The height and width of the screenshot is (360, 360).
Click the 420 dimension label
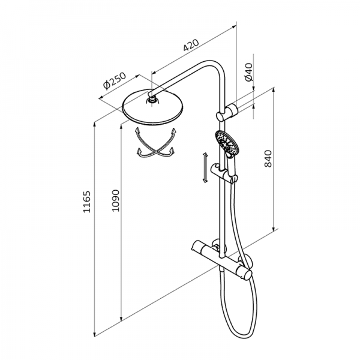(191, 45)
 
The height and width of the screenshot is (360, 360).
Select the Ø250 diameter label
(115, 80)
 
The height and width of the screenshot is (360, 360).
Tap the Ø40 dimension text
(249, 72)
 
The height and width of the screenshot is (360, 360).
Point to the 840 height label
(268, 158)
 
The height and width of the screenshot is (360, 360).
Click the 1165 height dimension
(87, 202)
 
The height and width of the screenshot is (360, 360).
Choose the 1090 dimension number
(115, 200)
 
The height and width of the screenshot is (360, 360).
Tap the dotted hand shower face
(227, 142)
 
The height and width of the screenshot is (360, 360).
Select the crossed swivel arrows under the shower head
(155, 143)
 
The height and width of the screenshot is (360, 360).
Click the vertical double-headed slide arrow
(205, 167)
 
